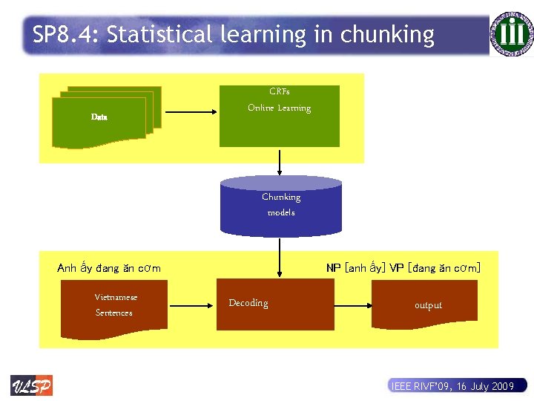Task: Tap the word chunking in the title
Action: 387,35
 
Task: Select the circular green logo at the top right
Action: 511,33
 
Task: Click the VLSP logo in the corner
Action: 31,385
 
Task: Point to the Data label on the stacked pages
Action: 99,117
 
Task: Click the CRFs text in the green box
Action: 279,91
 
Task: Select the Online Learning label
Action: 279,108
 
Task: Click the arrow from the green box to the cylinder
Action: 280,160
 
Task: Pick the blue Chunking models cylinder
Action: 281,204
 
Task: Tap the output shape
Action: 428,305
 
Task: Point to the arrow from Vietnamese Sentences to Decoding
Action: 192,304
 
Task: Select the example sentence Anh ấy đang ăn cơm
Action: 109,268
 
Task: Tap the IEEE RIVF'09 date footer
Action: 452,386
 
